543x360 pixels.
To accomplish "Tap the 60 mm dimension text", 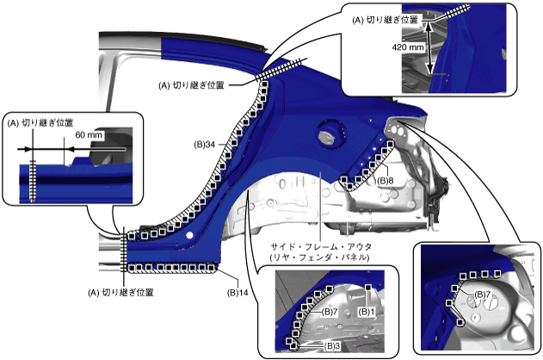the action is coord(87,135).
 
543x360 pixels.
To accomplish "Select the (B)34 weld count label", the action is coord(205,144).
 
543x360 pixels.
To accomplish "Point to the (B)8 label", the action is coord(385,181).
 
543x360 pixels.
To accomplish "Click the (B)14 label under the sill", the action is coord(238,293).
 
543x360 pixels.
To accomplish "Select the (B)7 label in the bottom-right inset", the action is coord(483,295).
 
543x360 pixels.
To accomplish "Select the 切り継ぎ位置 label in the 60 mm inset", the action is coord(40,123).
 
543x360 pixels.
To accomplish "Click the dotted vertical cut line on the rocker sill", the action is coord(124,250).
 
